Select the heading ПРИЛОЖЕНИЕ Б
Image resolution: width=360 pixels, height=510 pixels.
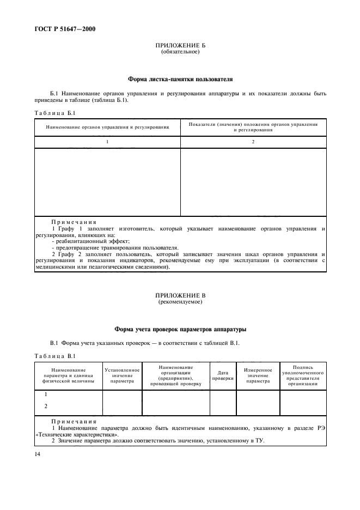point(180,46)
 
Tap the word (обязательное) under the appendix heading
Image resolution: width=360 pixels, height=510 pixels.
point(180,52)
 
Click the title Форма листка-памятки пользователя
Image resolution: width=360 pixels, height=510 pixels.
point(180,79)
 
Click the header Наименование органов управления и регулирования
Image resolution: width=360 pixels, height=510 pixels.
point(107,126)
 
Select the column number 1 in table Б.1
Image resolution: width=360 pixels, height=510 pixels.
point(107,142)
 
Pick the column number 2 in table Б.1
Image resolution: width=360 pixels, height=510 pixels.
point(253,142)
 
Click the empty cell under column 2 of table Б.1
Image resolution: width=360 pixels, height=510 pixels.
point(253,181)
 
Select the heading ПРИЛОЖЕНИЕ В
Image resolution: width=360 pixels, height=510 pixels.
point(180,295)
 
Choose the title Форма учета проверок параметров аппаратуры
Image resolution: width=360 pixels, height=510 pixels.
point(180,329)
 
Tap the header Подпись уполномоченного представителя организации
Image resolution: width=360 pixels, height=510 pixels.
point(302,375)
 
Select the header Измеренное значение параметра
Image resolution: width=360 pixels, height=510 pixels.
point(258,376)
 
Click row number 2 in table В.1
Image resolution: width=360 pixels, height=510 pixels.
point(46,406)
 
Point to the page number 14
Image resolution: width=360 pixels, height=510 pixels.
point(38,452)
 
